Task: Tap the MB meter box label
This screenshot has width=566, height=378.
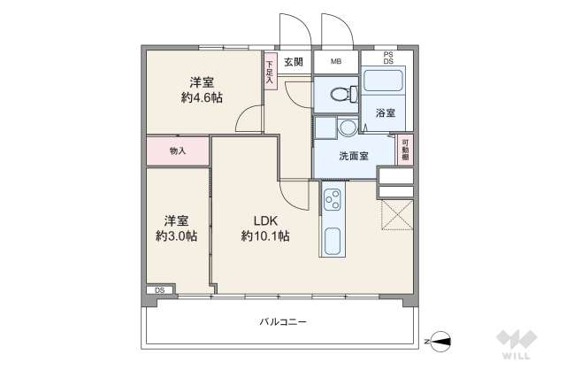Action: tap(336, 61)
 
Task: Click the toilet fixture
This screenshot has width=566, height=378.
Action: tap(340, 92)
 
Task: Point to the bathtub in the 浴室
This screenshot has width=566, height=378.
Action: tap(384, 87)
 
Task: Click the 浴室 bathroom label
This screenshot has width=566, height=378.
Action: tap(384, 113)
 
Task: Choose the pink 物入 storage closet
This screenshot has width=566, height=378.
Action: tap(177, 150)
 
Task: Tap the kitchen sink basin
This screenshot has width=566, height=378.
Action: tap(333, 241)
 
